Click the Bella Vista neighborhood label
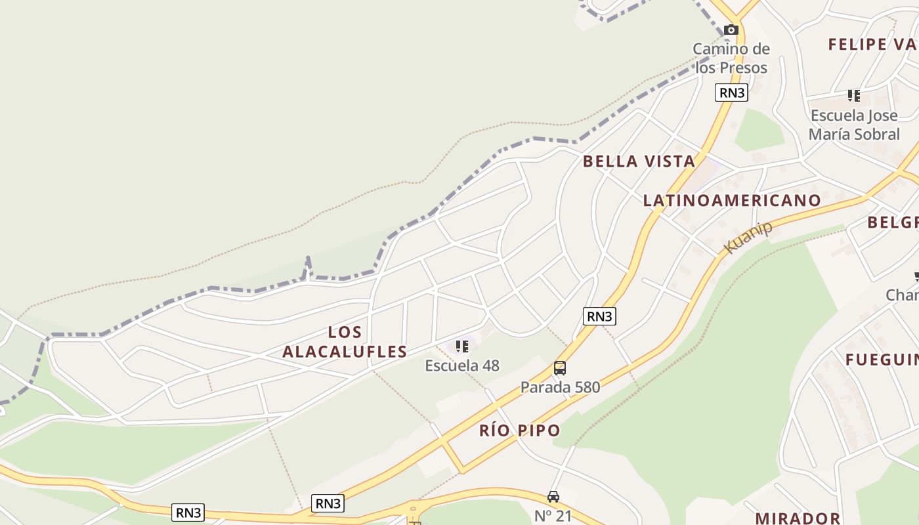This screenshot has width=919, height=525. [x=639, y=161]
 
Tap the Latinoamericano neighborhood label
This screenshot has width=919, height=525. [x=732, y=200]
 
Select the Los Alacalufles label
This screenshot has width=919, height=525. [x=345, y=342]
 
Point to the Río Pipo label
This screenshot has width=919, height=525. [x=520, y=430]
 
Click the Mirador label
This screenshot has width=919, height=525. [x=798, y=518]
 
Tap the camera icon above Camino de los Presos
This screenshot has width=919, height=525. [x=731, y=30]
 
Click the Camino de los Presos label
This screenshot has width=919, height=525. [x=731, y=58]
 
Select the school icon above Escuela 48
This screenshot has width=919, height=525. [x=462, y=346]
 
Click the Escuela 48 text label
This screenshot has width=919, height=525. [x=462, y=366]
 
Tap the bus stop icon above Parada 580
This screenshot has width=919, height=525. [x=559, y=368]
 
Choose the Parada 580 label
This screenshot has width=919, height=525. [x=560, y=387]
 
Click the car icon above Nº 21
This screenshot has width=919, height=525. [x=553, y=497]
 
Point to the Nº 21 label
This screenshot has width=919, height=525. [x=553, y=516]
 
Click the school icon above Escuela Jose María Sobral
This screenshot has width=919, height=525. [x=853, y=96]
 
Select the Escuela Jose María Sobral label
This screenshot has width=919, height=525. [x=854, y=125]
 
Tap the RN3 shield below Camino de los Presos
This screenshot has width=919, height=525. [x=731, y=93]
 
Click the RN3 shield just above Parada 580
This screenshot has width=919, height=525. [x=599, y=316]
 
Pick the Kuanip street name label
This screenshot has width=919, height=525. [x=748, y=237]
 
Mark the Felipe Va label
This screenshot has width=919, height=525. [x=872, y=44]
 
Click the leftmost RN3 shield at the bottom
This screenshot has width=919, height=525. [x=188, y=513]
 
